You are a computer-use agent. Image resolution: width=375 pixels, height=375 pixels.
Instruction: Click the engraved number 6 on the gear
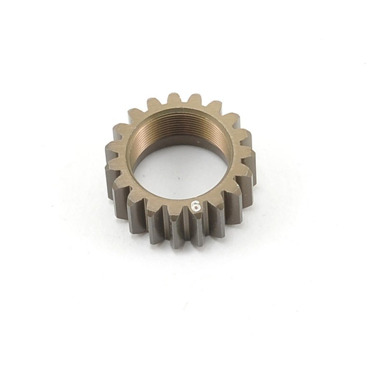(x=196, y=206)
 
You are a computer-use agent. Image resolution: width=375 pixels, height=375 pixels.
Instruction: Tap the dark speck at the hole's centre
(x=179, y=178)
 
